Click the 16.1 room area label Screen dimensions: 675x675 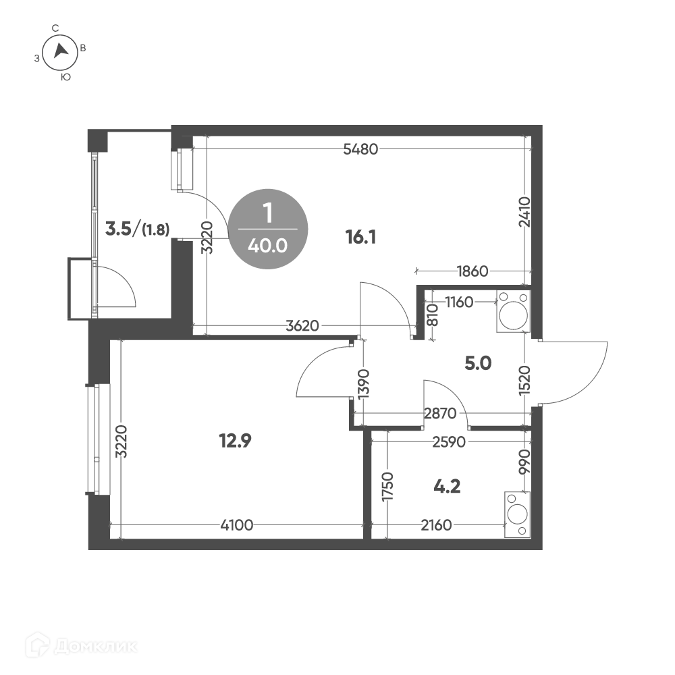coord(360,237)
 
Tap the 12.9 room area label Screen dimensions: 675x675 coord(235,441)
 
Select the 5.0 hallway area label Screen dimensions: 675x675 coord(478,364)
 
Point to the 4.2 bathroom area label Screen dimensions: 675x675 coord(447,487)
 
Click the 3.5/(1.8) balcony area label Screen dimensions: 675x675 coord(137,230)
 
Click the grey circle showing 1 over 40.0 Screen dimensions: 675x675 coord(268,229)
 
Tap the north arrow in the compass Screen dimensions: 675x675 coord(61,51)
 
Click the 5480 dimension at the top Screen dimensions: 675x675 coord(360,149)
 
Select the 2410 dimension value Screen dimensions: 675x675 coord(524,212)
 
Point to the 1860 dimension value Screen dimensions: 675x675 coord(473,271)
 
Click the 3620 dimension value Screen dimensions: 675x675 coord(302,326)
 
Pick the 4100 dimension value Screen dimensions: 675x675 coord(236,525)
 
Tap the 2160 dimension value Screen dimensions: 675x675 coord(436,525)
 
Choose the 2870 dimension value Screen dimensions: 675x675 coord(440,414)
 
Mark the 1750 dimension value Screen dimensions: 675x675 coord(388,487)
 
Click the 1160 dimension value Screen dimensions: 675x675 coord(459,302)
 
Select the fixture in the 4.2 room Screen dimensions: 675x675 coord(518,514)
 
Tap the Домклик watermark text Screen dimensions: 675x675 coord(96,646)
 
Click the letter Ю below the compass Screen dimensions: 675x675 coord(65,78)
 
